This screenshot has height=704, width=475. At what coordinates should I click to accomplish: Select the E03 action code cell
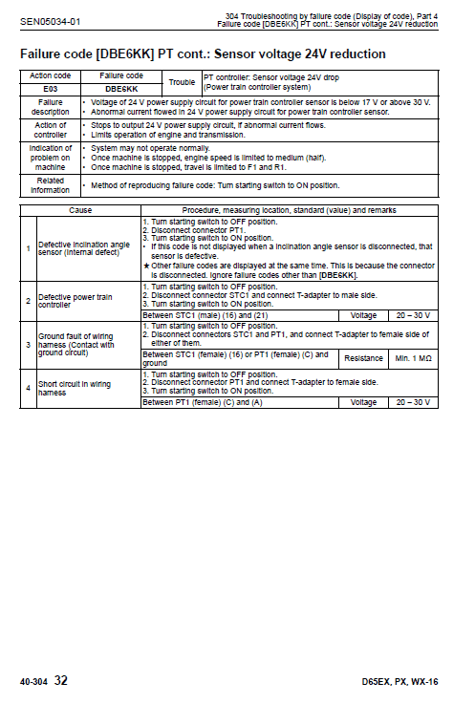[48, 87]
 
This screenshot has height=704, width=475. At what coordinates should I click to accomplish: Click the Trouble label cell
[182, 81]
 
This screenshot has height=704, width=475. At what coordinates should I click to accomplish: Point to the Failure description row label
[50, 106]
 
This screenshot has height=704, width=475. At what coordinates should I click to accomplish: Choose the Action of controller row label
[50, 130]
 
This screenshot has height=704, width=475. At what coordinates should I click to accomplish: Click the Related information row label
[50, 184]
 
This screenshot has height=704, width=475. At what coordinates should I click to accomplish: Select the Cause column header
[80, 209]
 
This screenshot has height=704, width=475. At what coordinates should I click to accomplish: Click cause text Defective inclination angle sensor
[84, 248]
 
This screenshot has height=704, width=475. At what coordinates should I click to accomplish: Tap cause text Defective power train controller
[76, 301]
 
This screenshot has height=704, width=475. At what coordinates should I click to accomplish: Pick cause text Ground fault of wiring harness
[77, 343]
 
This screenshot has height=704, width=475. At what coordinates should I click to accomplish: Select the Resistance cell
[363, 358]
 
